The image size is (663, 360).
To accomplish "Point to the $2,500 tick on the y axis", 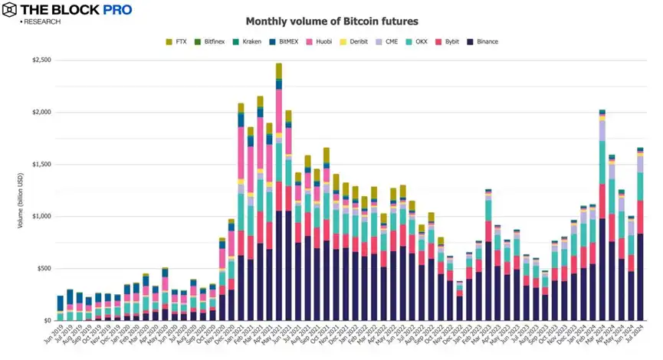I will pyautogui.click(x=40, y=60).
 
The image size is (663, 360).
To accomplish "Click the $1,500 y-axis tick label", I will pyautogui.click(x=40, y=164).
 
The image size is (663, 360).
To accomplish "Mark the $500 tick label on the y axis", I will pyautogui.click(x=42, y=268).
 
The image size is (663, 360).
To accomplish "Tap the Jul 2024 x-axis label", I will pyautogui.click(x=637, y=337).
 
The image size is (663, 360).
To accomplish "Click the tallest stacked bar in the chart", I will pyautogui.click(x=279, y=191).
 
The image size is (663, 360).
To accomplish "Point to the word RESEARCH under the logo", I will pyautogui.click(x=42, y=21).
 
